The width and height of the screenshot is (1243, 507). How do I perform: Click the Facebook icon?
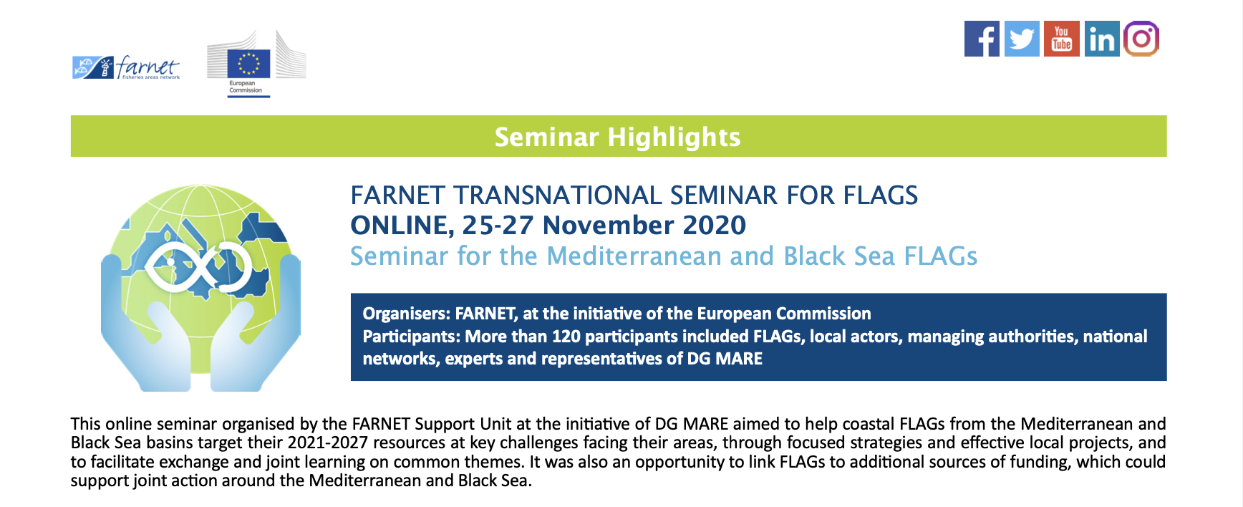982,39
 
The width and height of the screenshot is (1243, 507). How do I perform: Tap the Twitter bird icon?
1022,39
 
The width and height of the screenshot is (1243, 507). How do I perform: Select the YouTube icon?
1062,39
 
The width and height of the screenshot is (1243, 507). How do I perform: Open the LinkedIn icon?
1102,39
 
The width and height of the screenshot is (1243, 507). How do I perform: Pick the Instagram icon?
1141,39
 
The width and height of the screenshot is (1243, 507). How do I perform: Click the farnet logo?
126,67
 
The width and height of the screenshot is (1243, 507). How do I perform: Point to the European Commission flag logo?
248,63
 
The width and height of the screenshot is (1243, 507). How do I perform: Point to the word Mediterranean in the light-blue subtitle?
634,256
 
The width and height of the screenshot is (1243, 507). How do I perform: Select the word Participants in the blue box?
411,337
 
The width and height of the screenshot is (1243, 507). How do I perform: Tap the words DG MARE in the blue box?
725,359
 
